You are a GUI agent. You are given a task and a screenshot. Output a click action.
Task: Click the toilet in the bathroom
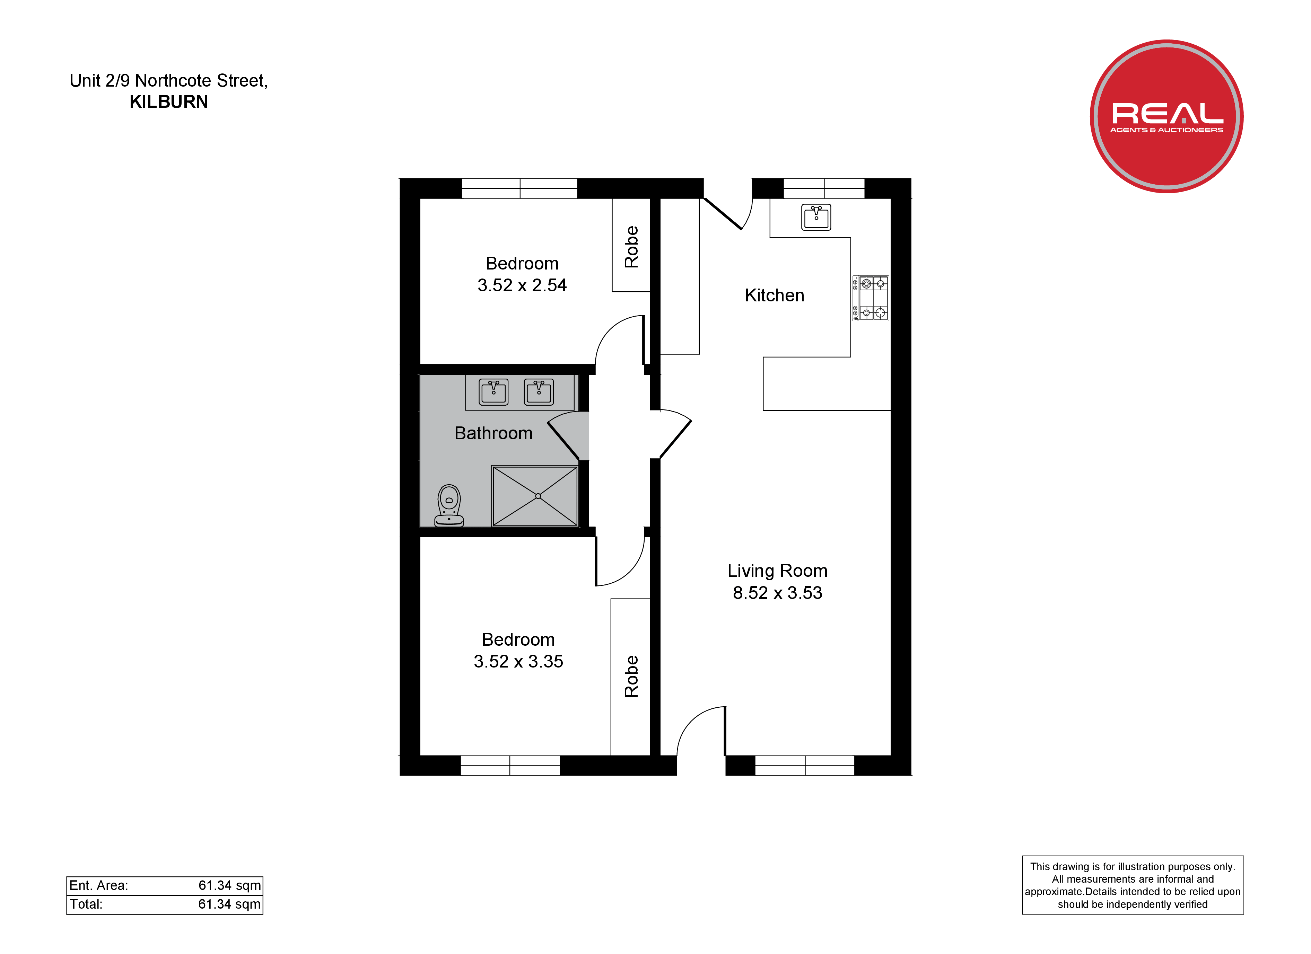[449, 506]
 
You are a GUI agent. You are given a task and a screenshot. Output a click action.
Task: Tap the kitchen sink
[816, 217]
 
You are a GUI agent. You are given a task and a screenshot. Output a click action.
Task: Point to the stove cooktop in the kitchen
[871, 298]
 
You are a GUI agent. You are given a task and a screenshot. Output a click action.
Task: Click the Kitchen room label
[775, 295]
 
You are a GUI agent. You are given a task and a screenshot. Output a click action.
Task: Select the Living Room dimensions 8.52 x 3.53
[777, 593]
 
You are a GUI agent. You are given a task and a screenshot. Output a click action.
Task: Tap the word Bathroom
[493, 433]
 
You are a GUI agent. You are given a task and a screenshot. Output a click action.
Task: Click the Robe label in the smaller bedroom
[631, 247]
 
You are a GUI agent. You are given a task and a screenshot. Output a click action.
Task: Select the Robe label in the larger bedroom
[631, 676]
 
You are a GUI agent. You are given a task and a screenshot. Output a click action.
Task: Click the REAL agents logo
[1166, 116]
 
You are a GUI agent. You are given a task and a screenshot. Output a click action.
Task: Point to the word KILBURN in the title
[169, 102]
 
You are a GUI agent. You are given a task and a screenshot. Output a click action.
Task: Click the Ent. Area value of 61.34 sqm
[229, 886]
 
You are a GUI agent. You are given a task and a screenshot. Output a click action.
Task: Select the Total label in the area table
[86, 904]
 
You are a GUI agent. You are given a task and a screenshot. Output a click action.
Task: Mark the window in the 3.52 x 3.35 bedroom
[510, 766]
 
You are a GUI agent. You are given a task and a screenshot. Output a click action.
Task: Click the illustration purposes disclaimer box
[1133, 885]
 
